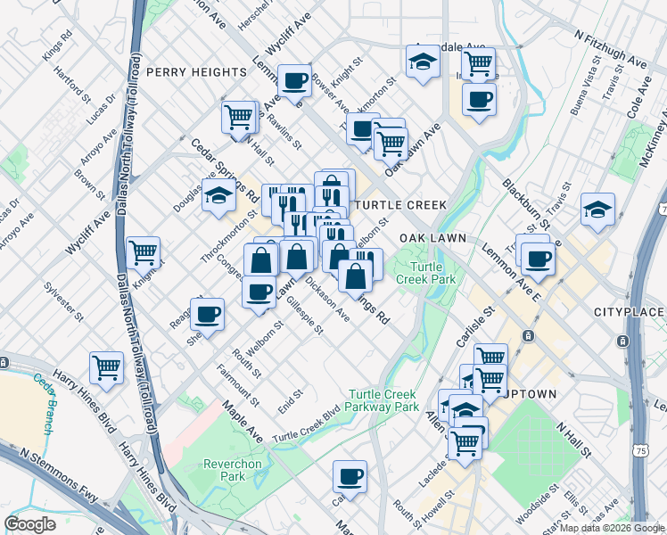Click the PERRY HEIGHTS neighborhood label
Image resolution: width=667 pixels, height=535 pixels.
(x=195, y=71)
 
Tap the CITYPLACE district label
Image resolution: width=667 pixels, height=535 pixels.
(x=630, y=312)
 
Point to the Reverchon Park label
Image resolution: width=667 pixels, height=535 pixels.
(x=232, y=470)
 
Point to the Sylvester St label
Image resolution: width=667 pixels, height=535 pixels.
(x=66, y=301)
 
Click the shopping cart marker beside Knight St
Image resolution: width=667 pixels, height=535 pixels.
(x=143, y=252)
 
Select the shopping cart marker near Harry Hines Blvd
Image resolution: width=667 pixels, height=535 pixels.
(x=106, y=366)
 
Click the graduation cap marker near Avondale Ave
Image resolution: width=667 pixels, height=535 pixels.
(x=422, y=62)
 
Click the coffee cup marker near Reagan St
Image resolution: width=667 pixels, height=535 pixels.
(x=207, y=314)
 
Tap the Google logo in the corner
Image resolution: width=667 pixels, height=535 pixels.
(x=29, y=524)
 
